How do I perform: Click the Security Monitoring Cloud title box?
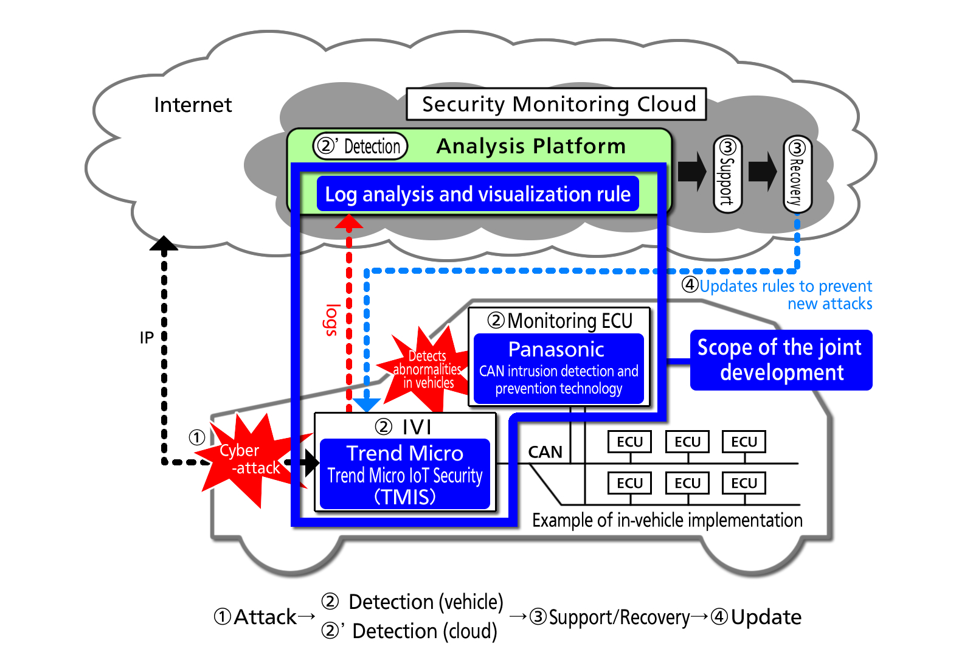(x=556, y=104)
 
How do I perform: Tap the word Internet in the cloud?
(x=193, y=105)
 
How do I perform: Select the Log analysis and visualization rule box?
(x=477, y=194)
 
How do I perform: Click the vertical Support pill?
(x=727, y=175)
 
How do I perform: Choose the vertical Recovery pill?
(x=797, y=175)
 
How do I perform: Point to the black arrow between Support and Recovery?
(x=763, y=172)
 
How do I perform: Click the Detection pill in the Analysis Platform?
(x=360, y=147)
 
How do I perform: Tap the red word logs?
(x=331, y=320)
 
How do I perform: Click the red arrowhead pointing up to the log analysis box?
(x=349, y=222)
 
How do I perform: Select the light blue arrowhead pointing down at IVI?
(x=367, y=404)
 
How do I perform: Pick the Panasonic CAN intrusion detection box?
(x=558, y=369)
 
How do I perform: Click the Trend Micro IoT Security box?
(x=405, y=474)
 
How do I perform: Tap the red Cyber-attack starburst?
(x=250, y=459)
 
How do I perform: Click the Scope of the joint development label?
(x=781, y=360)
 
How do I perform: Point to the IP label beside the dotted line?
(x=147, y=338)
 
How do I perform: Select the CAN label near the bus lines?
(x=545, y=452)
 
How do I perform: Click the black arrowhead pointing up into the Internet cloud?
(x=164, y=244)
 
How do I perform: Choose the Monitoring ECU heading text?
(x=561, y=321)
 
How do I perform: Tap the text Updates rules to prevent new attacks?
(x=784, y=294)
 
